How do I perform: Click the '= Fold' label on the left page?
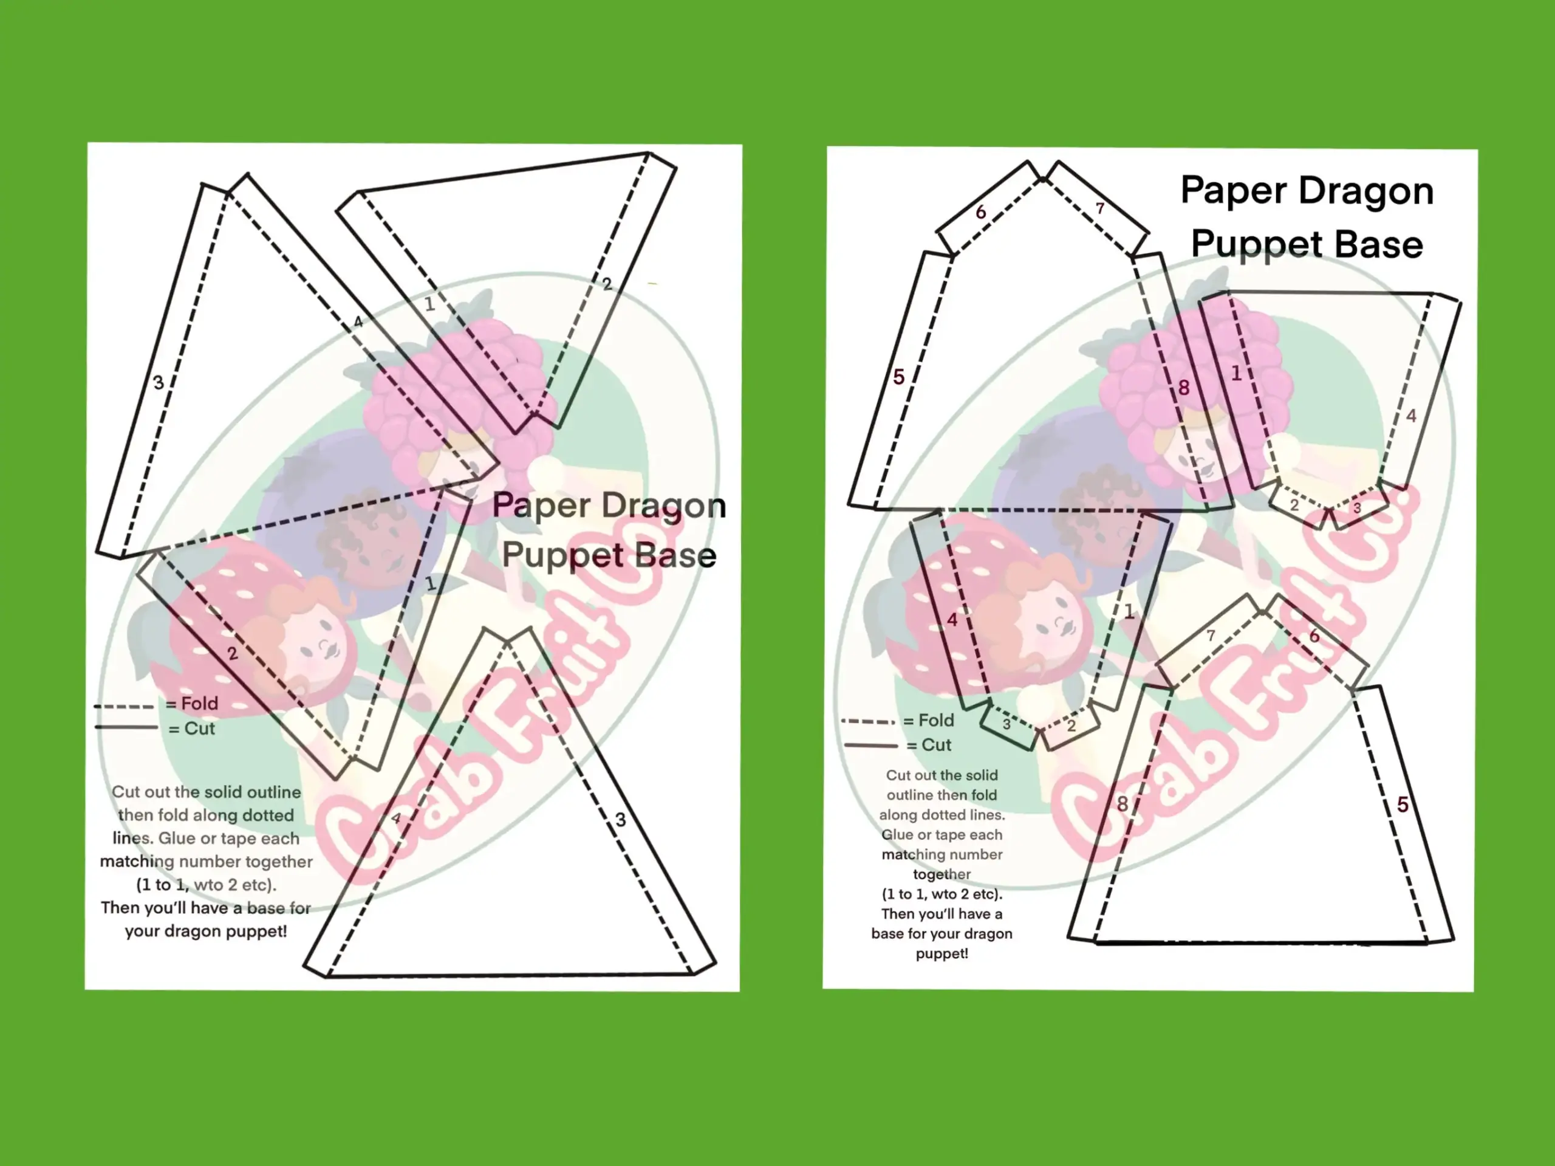pyautogui.click(x=192, y=703)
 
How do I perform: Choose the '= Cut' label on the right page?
pyautogui.click(x=929, y=745)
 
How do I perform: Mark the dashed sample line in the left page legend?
pyautogui.click(x=124, y=705)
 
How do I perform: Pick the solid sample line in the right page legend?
pyautogui.click(x=871, y=745)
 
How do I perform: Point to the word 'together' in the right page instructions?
pyautogui.click(x=942, y=874)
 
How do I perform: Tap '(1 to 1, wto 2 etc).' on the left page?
pyautogui.click(x=206, y=885)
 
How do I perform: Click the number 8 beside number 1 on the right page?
pyautogui.click(x=1184, y=388)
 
